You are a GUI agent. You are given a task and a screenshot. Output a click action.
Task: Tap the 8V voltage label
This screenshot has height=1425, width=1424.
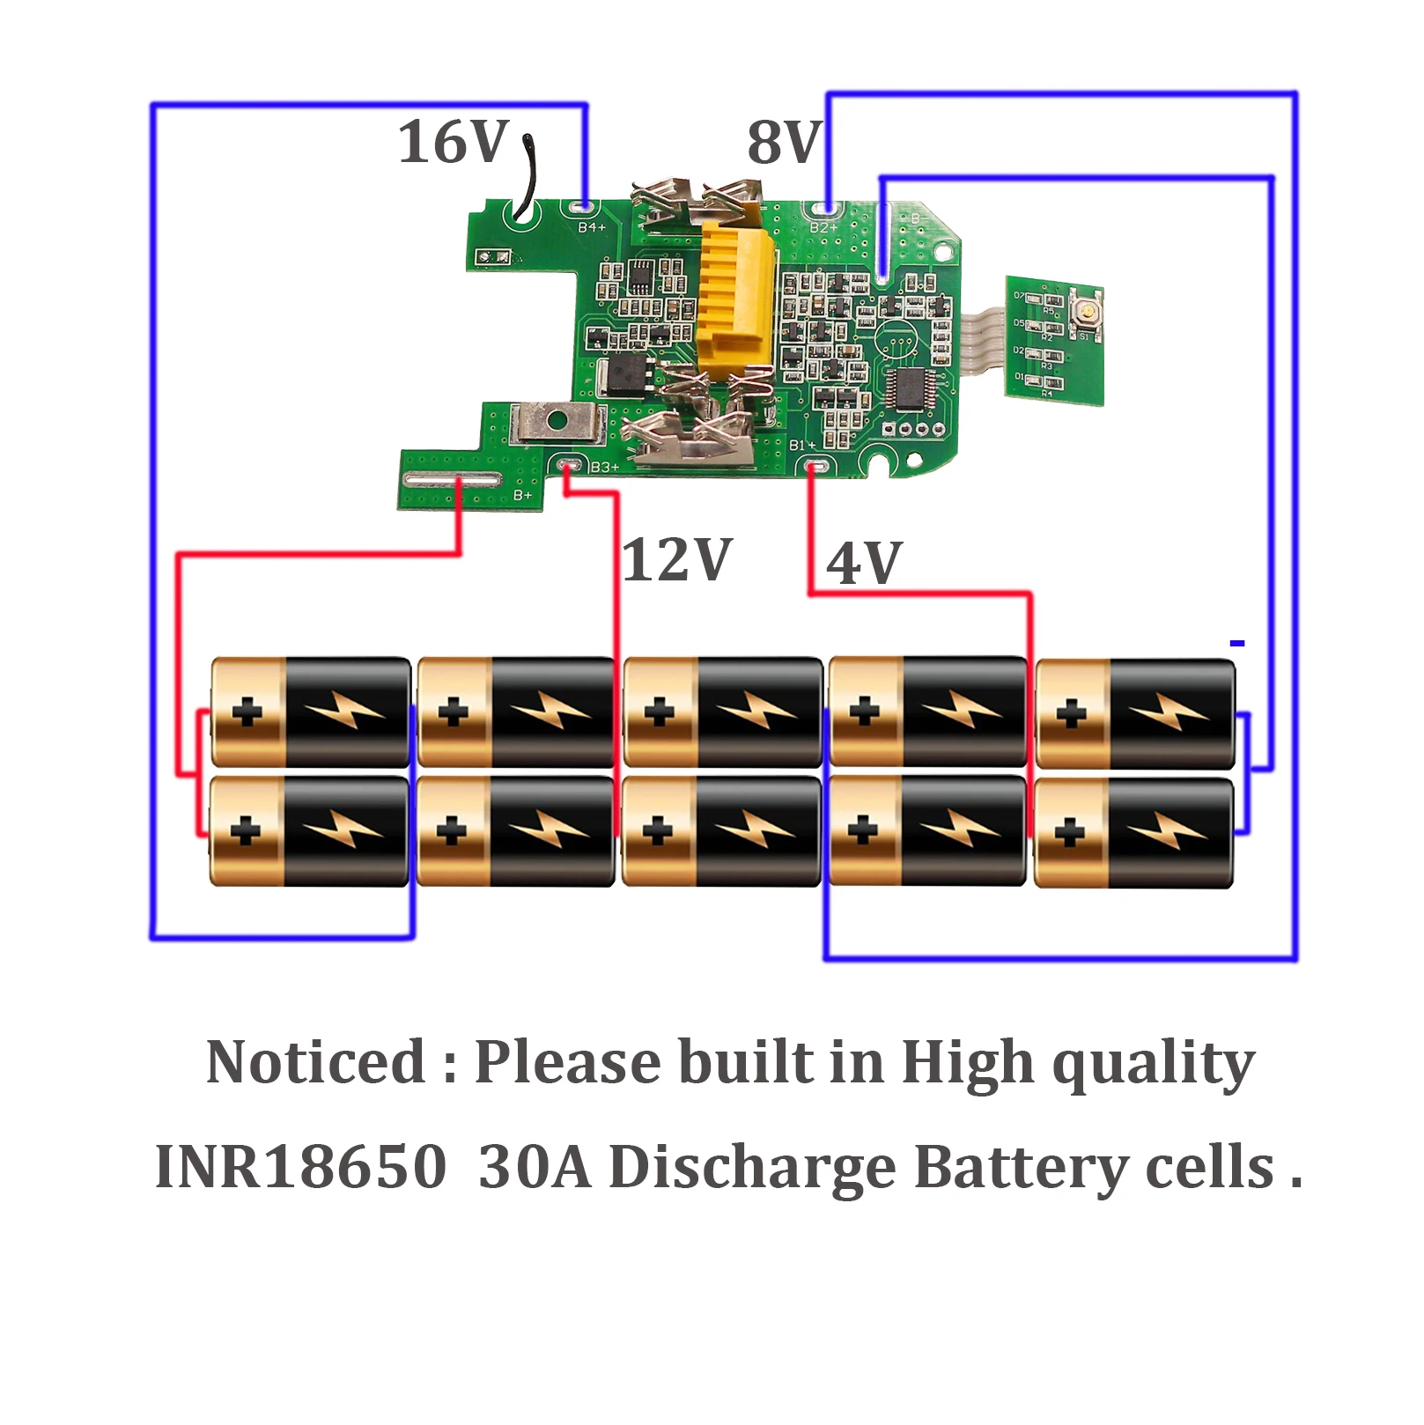[784, 142]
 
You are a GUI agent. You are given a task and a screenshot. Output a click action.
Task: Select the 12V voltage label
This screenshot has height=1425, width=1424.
[677, 559]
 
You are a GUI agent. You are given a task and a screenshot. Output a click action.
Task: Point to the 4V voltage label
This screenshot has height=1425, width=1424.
[864, 563]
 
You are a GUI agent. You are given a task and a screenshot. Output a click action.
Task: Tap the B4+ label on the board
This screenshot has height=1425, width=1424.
[592, 227]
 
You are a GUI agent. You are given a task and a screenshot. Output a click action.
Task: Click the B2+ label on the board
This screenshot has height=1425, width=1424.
[823, 227]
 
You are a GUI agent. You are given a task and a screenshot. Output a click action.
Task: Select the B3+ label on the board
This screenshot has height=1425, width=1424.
[605, 467]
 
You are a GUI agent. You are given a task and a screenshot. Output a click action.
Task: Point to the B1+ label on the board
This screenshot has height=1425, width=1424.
[801, 446]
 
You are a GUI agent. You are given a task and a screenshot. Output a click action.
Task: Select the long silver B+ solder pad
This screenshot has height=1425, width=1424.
[452, 479]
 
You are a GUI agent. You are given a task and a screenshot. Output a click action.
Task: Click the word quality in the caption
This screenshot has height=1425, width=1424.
[1154, 1063]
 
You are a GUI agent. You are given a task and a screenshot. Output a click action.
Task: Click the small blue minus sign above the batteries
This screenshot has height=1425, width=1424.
[1237, 644]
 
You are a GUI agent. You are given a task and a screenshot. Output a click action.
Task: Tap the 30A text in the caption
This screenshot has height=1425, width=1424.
[535, 1167]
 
